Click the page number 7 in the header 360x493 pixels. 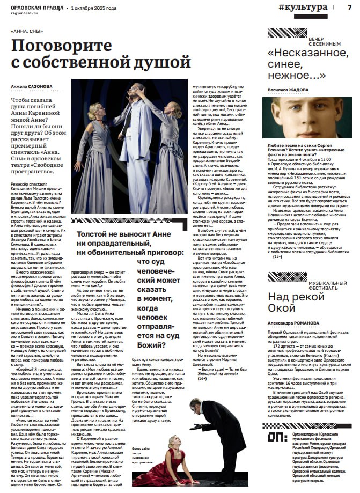349,7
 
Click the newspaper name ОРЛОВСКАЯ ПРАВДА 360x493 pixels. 34,8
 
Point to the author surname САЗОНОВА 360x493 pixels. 41,86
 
